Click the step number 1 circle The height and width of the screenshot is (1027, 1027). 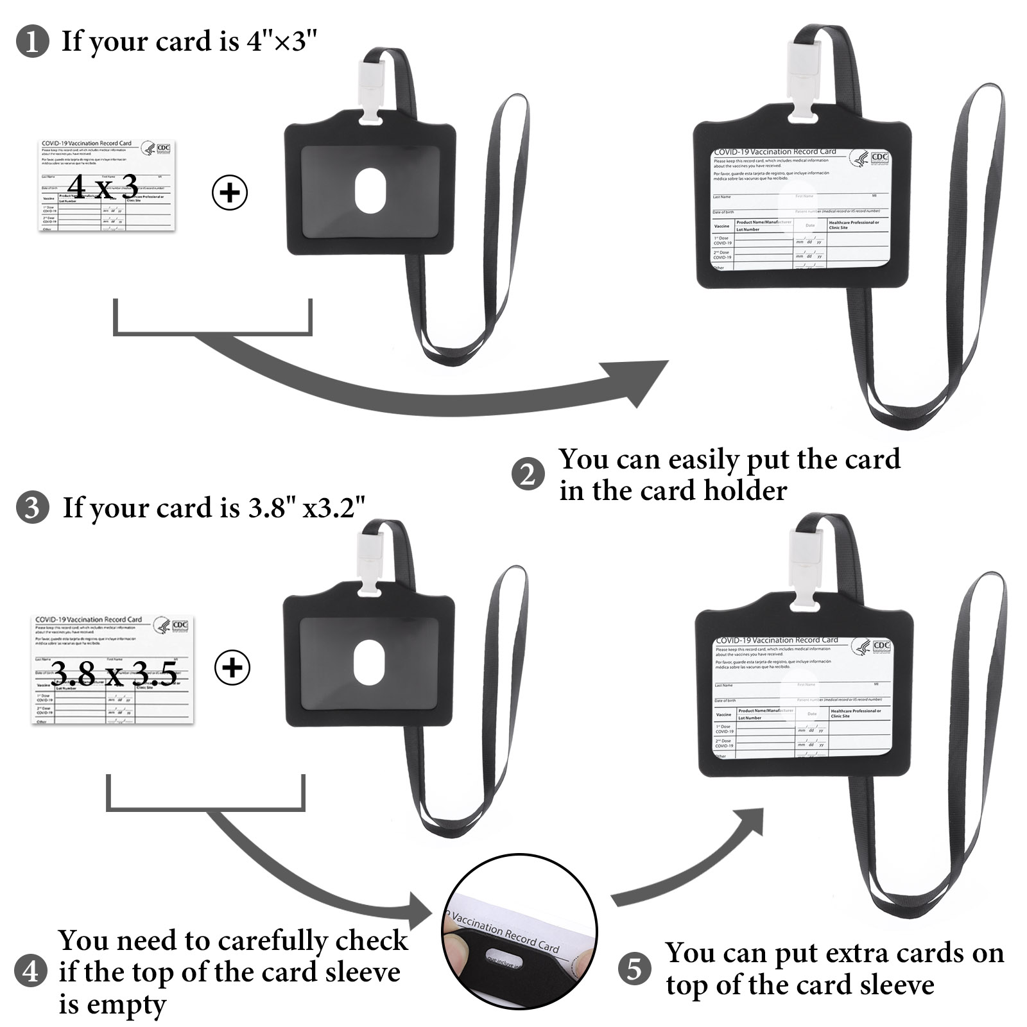tap(31, 42)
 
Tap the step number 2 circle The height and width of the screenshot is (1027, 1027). tap(528, 475)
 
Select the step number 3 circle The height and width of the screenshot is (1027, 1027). tap(32, 508)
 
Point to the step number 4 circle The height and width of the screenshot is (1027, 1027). tap(31, 971)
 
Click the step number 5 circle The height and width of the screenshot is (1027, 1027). tap(634, 969)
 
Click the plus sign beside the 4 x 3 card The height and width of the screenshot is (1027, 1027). tap(230, 193)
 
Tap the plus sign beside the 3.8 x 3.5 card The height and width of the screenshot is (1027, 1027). tap(232, 668)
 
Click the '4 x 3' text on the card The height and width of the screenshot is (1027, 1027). tap(103, 187)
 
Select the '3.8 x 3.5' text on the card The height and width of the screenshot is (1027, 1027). tap(114, 674)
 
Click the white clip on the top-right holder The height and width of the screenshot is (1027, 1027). tap(802, 77)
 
